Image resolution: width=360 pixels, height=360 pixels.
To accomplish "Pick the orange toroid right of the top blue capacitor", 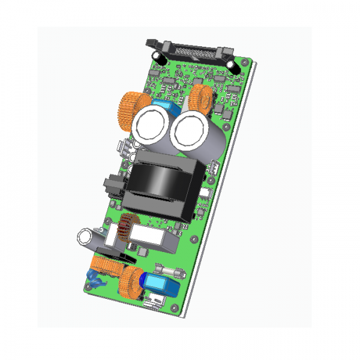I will click(202, 98).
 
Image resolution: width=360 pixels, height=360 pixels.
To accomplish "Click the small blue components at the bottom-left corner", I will click(94, 277).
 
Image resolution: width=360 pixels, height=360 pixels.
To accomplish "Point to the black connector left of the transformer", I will click(112, 187).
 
